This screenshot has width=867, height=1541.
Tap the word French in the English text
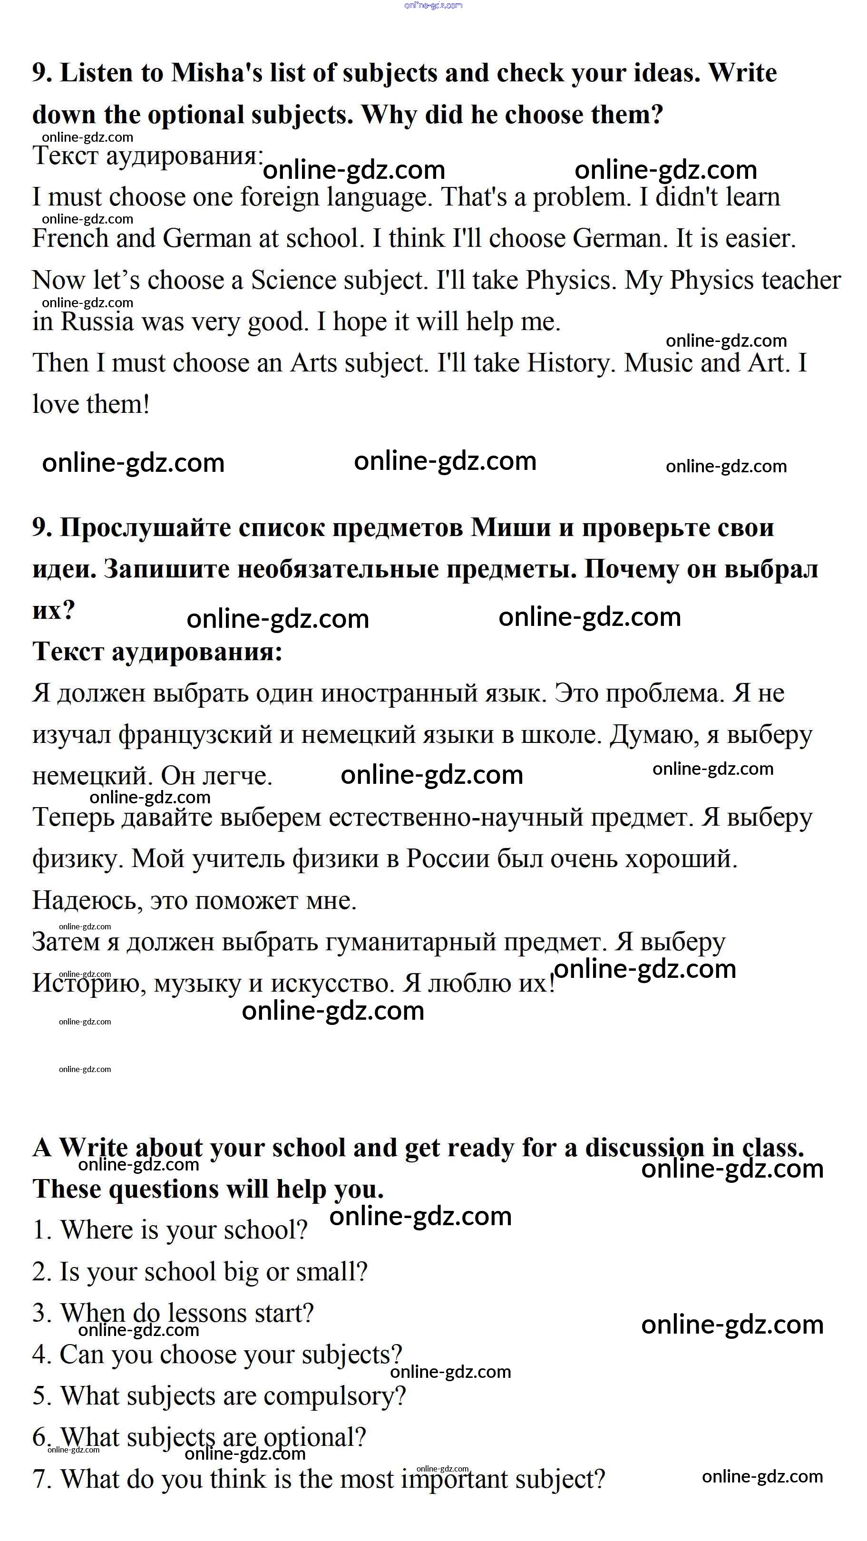click(70, 238)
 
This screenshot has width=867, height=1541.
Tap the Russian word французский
click(195, 735)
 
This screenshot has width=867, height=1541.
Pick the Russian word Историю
click(86, 984)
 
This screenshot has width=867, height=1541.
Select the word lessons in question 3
click(207, 1314)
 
